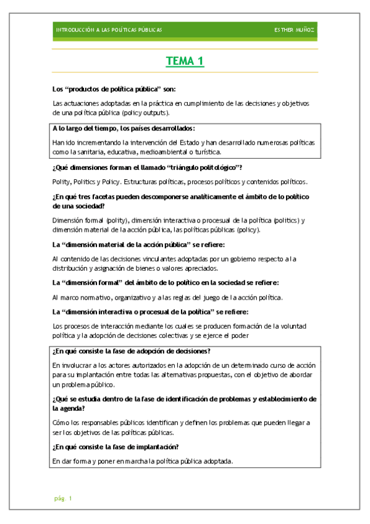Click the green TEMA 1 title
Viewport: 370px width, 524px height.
pyautogui.click(x=185, y=61)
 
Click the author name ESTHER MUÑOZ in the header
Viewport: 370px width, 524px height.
pyautogui.click(x=295, y=30)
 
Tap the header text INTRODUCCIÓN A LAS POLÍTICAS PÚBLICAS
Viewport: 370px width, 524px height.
pyautogui.click(x=109, y=30)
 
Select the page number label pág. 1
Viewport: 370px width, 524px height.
pyautogui.click(x=63, y=497)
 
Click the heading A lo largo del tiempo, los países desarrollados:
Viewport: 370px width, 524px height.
pyautogui.click(x=124, y=129)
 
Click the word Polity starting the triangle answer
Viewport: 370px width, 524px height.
pyautogui.click(x=61, y=182)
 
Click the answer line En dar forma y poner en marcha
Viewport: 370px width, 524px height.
pyautogui.click(x=142, y=461)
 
